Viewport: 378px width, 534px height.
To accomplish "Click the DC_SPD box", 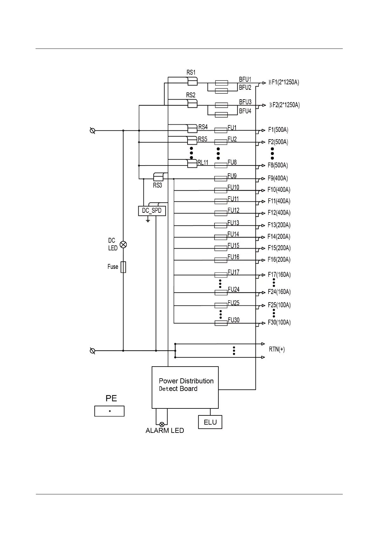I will pos(152,211).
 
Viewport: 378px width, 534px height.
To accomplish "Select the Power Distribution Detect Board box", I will pos(185,387).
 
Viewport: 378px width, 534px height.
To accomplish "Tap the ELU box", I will pos(210,422).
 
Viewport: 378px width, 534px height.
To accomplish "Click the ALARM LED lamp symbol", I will pos(162,424).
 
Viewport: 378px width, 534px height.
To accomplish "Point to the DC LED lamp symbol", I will pos(123,244).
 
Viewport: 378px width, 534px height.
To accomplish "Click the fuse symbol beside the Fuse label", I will pos(123,267).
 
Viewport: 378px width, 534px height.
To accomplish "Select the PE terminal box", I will pos(109,411).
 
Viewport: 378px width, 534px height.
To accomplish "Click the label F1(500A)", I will pos(278,130).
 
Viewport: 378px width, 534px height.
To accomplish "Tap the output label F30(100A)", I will pos(279,322).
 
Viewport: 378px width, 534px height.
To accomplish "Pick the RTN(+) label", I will pos(277,349).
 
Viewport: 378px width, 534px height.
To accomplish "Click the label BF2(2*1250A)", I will pos(284,105).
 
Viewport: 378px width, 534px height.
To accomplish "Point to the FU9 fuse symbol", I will pos(221,179).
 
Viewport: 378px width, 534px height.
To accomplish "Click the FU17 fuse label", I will pos(233,272).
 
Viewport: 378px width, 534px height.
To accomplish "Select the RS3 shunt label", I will pos(157,186).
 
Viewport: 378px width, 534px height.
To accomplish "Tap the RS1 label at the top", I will pos(191,72).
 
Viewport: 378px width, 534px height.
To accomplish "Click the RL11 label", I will pos(203,163).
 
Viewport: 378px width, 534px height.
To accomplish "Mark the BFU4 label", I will pos(245,111).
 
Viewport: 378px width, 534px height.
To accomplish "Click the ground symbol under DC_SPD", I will pos(148,219).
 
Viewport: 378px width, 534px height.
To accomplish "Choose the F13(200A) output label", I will pos(279,225).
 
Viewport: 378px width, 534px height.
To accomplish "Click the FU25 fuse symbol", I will pos(221,306).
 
